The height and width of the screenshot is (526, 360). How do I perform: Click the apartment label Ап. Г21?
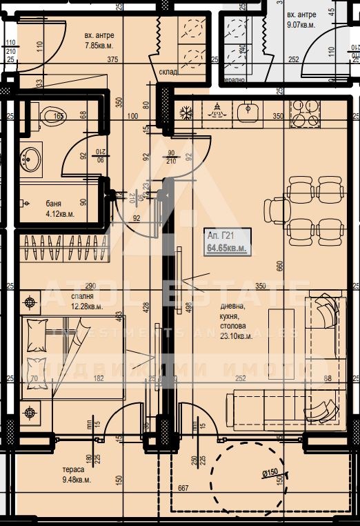point(219,236)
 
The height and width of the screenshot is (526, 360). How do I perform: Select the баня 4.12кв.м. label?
point(60,208)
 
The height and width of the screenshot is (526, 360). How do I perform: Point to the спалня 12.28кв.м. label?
point(86,301)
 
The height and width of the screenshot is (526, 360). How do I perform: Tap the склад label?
point(168,72)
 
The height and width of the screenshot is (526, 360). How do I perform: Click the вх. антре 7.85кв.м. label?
point(99,40)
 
